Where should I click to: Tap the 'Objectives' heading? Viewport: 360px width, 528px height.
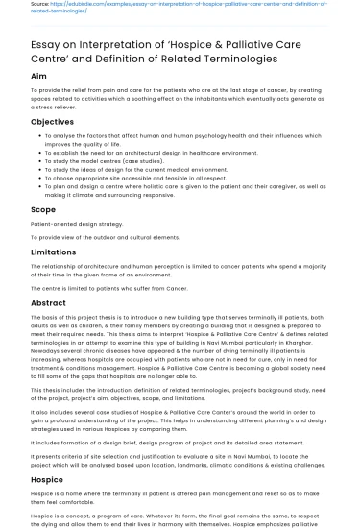(52, 122)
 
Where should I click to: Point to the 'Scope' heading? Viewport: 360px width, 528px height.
(43, 209)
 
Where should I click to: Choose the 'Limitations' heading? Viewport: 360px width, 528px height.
(53, 252)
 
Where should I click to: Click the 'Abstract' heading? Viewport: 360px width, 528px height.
(48, 302)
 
